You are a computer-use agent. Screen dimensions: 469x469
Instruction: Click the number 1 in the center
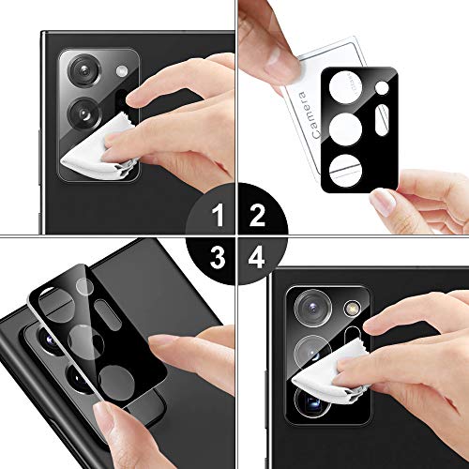(x=218, y=219)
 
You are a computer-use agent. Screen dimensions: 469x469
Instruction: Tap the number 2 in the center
(x=252, y=219)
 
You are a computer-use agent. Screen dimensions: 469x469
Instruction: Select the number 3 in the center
(x=218, y=253)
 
